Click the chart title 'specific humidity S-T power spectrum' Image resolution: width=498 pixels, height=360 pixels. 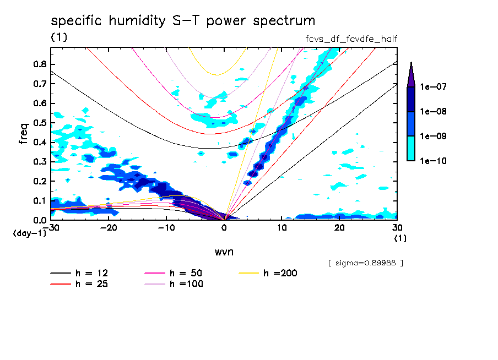(x=183, y=21)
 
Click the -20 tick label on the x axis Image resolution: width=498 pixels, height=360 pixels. (x=109, y=227)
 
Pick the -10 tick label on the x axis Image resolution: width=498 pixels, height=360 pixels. (x=166, y=227)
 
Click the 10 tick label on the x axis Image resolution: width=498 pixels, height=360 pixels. (x=282, y=227)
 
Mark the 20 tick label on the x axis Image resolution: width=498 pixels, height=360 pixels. (x=339, y=227)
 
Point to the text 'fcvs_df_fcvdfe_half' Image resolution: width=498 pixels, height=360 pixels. (x=351, y=39)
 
